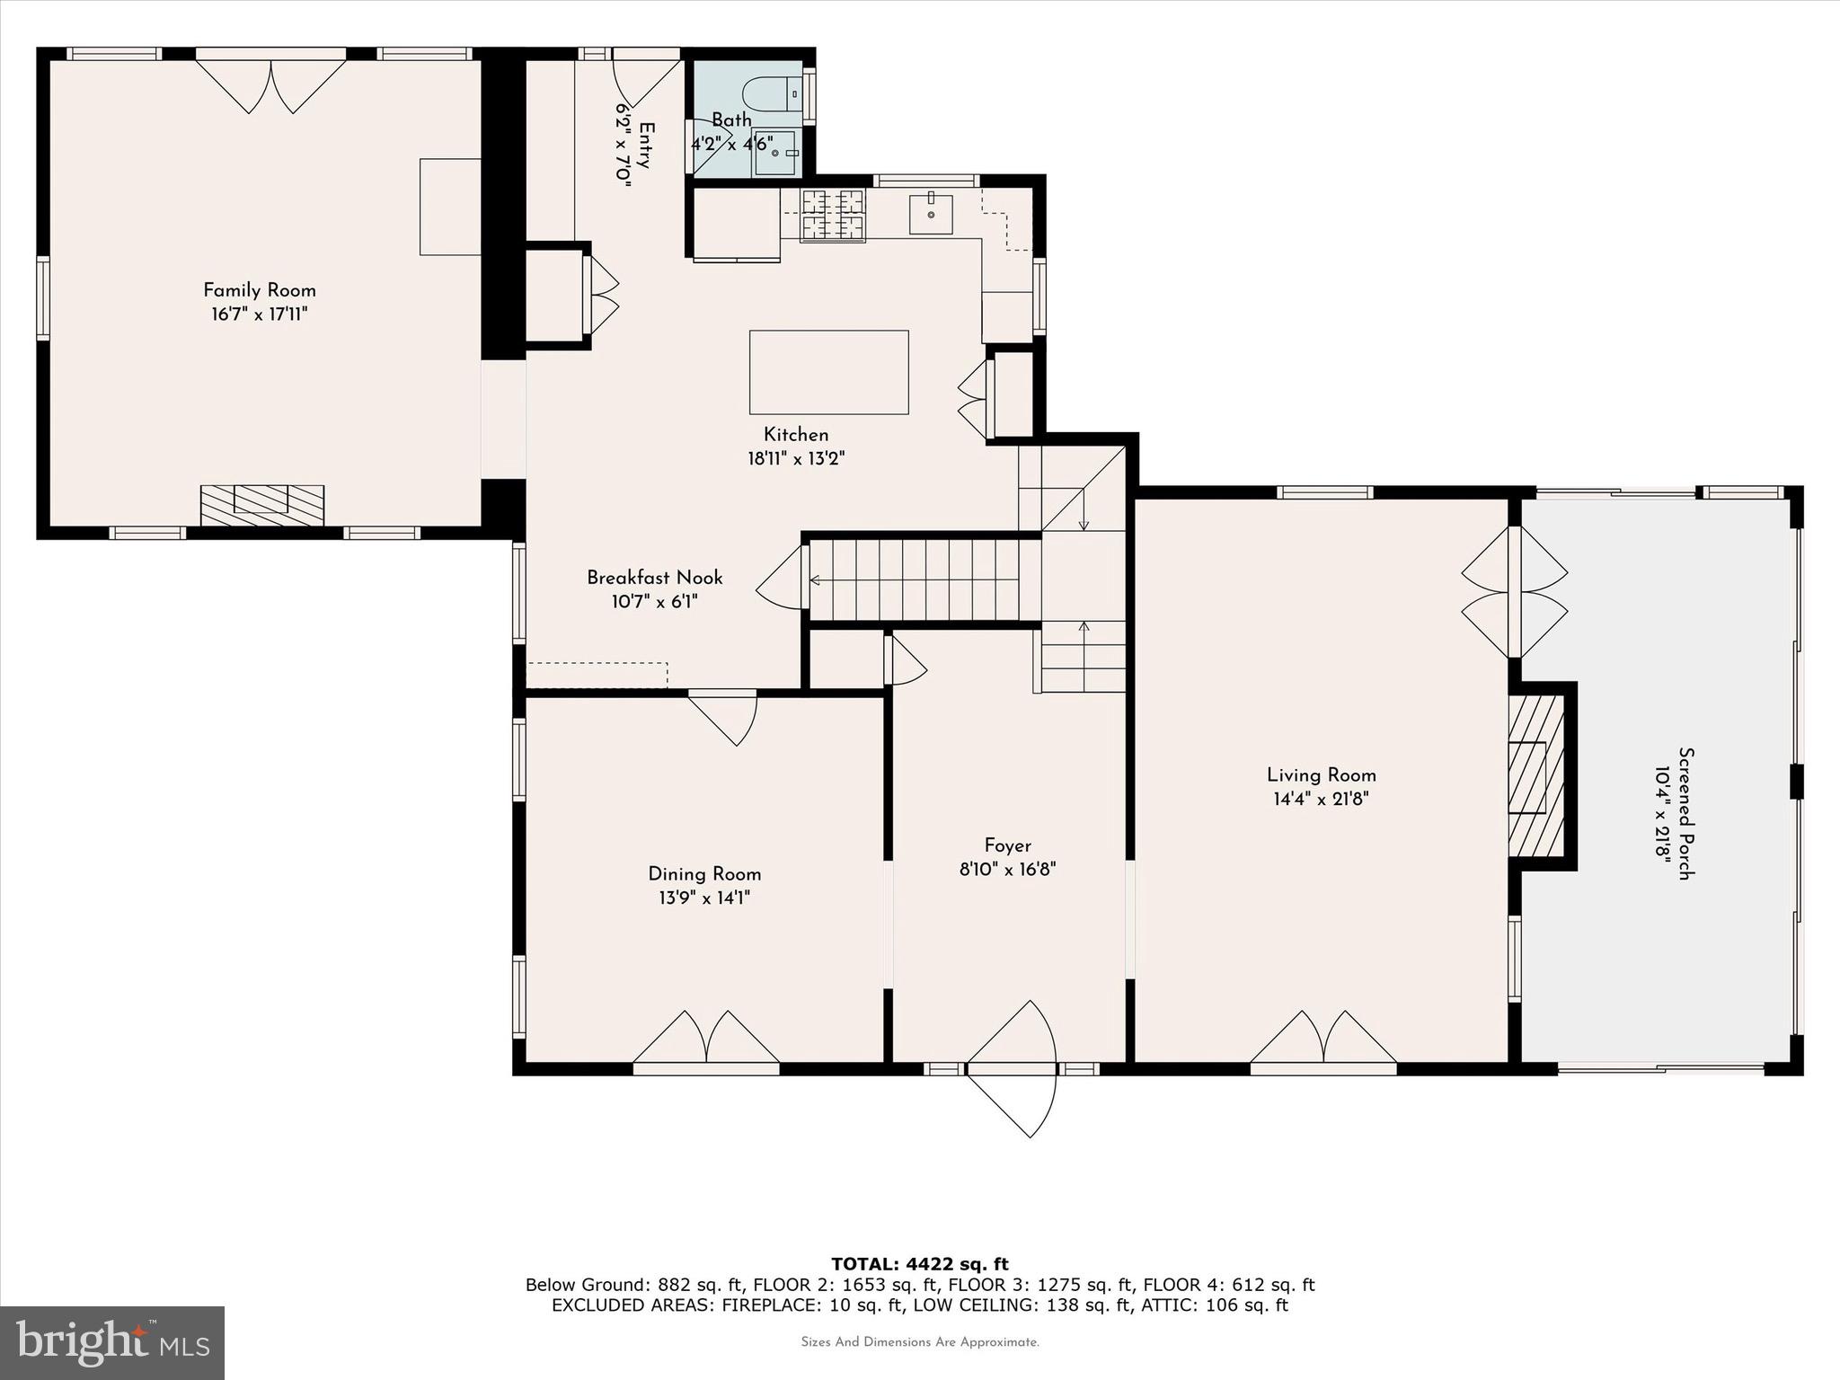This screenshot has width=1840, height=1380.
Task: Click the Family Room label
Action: [x=259, y=290]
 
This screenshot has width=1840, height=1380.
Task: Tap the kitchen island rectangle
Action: [x=828, y=372]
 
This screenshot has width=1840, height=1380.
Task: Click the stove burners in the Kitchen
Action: [x=833, y=216]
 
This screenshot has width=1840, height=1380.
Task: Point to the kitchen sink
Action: [x=930, y=214]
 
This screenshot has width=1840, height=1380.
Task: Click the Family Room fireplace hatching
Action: [x=261, y=505]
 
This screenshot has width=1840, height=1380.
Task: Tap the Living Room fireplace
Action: [x=1536, y=777]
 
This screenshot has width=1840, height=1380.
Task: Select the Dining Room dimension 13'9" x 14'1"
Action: [x=703, y=898]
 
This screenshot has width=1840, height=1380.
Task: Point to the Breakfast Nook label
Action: [x=654, y=578]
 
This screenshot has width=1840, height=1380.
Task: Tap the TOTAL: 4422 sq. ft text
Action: [x=919, y=1264]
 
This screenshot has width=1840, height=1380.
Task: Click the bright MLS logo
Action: [x=112, y=1342]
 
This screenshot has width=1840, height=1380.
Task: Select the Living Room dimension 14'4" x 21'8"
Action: [x=1321, y=799]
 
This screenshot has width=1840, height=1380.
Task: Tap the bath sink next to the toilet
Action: [x=774, y=154]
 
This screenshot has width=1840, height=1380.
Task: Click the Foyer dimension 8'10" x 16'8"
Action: [x=1007, y=869]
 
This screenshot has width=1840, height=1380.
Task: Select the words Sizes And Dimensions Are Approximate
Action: [x=919, y=1342]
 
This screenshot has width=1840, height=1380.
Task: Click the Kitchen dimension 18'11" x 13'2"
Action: [x=796, y=458]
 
